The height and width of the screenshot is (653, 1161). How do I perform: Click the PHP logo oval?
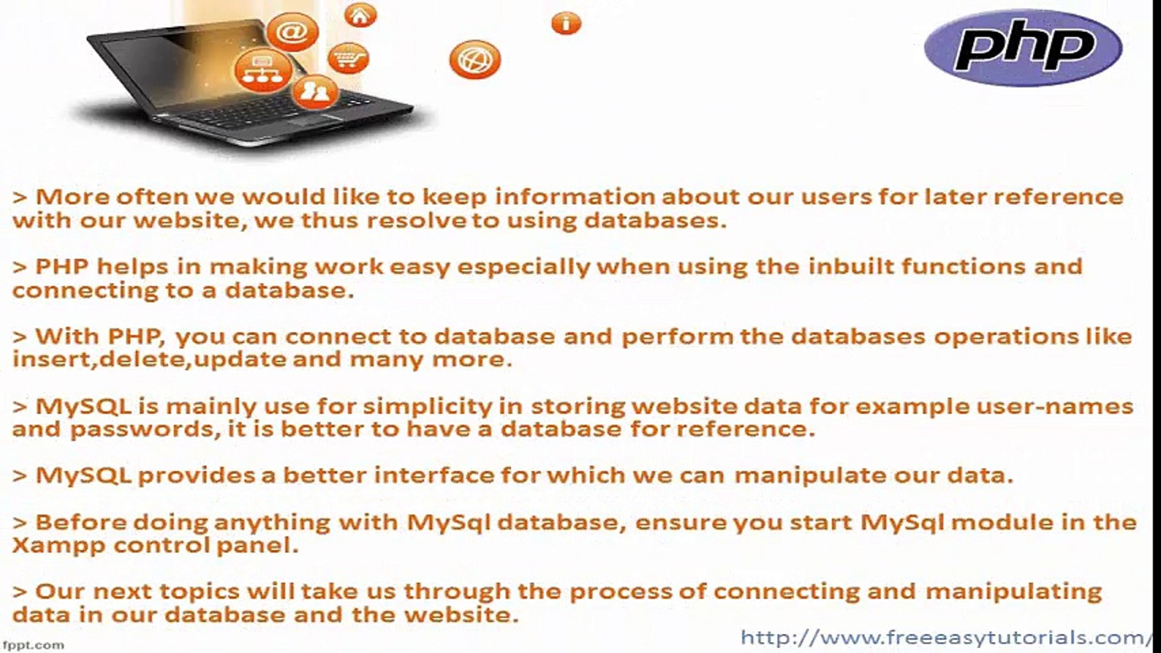tap(1023, 47)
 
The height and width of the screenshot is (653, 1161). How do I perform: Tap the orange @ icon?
tap(293, 31)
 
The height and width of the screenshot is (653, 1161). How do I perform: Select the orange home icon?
tap(361, 15)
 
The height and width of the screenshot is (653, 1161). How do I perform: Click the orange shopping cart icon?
tap(349, 59)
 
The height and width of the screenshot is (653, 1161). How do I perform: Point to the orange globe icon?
tap(475, 60)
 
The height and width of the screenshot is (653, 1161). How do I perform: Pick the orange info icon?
tap(566, 24)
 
